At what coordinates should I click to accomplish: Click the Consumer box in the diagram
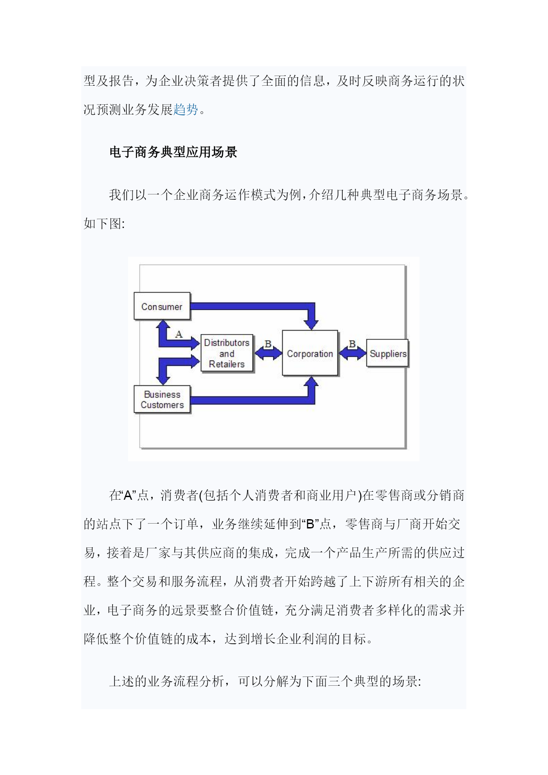click(162, 306)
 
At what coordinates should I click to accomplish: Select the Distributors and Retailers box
click(227, 353)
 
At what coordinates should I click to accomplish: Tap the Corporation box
click(310, 353)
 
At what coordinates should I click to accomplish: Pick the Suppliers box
click(387, 353)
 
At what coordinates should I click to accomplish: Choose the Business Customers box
click(162, 399)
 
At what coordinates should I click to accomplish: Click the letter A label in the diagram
click(179, 334)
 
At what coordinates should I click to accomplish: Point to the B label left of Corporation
click(268, 344)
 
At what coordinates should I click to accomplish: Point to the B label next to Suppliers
click(352, 343)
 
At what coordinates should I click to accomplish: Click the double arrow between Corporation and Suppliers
click(352, 353)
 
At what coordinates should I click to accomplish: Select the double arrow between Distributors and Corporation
click(268, 353)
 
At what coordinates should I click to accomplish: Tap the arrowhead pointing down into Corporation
click(311, 323)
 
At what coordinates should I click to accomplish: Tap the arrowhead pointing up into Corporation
click(311, 383)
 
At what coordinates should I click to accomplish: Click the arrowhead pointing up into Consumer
click(163, 326)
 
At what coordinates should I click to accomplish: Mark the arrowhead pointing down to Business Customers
click(163, 380)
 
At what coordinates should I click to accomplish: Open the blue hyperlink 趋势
click(185, 110)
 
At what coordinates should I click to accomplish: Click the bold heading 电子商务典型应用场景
click(173, 152)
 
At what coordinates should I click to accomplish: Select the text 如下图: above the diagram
click(104, 224)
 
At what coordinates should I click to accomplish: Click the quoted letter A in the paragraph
click(128, 496)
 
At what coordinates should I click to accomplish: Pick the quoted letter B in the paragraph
click(310, 524)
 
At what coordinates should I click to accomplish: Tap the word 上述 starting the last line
click(122, 681)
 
